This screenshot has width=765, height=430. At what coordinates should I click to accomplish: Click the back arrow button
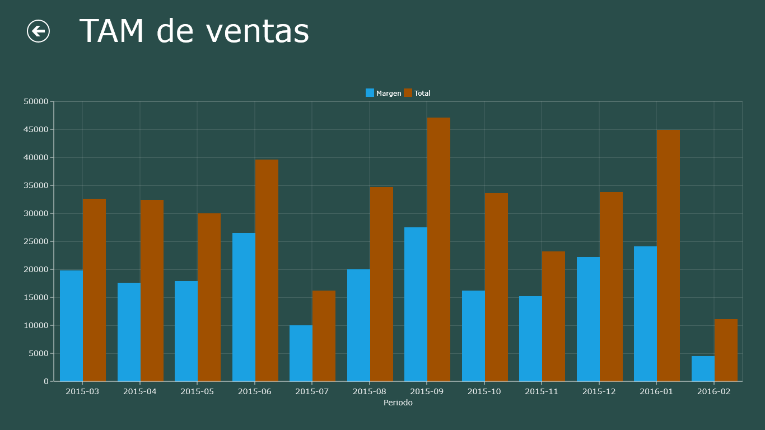[x=38, y=31]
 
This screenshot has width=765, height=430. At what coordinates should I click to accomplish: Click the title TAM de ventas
[x=194, y=31]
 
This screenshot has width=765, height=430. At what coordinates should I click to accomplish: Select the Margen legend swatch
[x=370, y=93]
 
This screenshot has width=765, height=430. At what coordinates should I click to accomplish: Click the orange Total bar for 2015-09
[x=439, y=249]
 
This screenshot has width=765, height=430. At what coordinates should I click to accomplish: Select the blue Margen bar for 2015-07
[x=301, y=353]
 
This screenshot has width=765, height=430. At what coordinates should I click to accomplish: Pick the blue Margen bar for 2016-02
[x=703, y=368]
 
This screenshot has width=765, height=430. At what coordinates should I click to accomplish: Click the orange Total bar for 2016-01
[x=668, y=255]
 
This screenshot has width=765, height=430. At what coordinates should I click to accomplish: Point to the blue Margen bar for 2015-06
[x=244, y=307]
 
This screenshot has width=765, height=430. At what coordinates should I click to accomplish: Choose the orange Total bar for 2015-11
[x=553, y=316]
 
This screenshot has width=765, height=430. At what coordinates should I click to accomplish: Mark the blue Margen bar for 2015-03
[x=71, y=326]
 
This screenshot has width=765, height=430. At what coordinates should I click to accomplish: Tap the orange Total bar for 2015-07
[x=324, y=336]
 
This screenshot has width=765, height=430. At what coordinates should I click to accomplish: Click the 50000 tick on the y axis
[x=36, y=101]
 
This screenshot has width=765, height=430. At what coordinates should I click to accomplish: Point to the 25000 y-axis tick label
[x=36, y=241]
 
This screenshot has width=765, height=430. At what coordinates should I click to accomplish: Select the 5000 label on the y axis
[x=38, y=353]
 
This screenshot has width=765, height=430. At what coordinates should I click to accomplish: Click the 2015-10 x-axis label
[x=484, y=391]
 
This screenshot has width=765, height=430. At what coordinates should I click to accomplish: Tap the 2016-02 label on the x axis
[x=713, y=391]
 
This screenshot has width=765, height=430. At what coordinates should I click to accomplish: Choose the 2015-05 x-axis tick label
[x=197, y=391]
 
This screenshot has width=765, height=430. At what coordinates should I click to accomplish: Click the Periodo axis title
[x=398, y=403]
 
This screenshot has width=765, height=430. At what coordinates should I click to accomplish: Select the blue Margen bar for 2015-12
[x=588, y=319]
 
